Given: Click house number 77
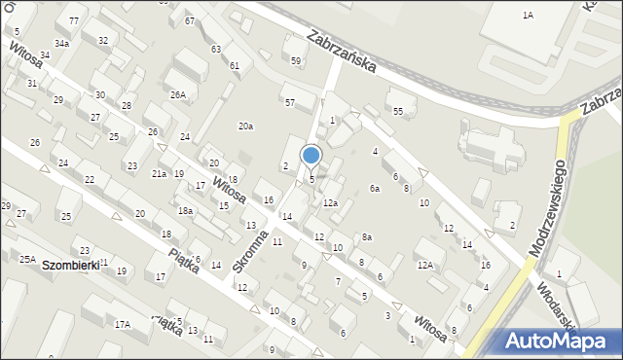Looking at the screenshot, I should pos(74,20).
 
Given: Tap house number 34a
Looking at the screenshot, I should pos(61,44).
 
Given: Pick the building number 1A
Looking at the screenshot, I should pos(528,16).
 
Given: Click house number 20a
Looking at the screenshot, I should pos(246,126).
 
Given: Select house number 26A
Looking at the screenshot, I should pos(177,94).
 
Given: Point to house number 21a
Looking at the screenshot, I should pos(159,173).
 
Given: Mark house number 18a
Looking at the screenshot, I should pos(185,211).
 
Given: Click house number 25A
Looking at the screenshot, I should pos(27,259).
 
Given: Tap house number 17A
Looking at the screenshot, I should pos(122,325).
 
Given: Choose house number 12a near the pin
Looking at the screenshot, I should pos(330,202).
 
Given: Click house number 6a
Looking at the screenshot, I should pos(374,189).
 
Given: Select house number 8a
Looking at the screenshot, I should pos(366,236).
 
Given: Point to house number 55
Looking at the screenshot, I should pos(397,112).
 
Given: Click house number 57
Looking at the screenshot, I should pos(289,102).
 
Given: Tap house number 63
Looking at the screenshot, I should pos(215,49).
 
